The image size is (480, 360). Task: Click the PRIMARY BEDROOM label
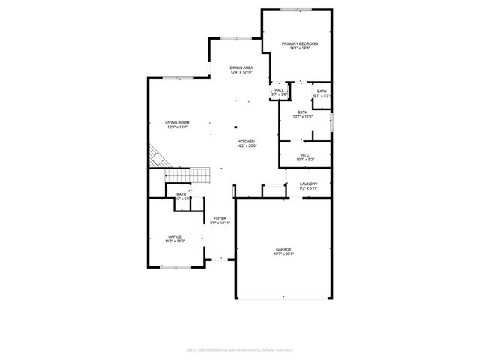coord(300,44)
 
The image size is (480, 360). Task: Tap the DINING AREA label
coord(241,68)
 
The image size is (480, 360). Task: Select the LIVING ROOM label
coord(178,123)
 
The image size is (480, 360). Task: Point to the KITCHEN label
coord(247,141)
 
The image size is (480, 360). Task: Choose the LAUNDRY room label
coord(308,184)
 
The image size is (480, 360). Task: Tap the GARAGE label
coord(283,249)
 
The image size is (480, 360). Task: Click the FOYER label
coord(219,218)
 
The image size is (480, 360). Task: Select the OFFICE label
coord(175,236)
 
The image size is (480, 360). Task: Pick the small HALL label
coord(279,90)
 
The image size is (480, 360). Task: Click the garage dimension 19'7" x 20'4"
coord(283,254)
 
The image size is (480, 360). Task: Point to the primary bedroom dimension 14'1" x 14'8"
coord(300,49)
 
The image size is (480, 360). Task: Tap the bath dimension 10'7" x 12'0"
coord(302,116)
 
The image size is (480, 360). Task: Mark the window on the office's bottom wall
coord(174,266)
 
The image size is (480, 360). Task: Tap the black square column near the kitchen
coord(235,127)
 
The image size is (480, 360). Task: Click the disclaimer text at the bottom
coord(240,349)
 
